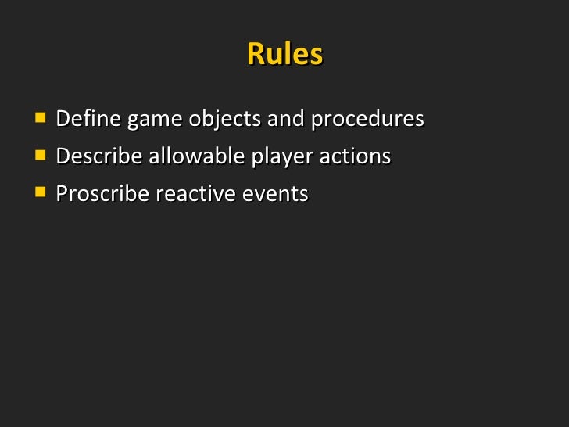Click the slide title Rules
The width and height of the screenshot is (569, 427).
[284, 55]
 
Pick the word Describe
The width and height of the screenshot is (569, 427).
[99, 156]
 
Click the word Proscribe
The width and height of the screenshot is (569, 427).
[102, 193]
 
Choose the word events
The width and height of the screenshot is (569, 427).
[273, 193]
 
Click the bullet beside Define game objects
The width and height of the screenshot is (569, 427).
[39, 119]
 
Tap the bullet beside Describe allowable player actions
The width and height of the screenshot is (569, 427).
[39, 155]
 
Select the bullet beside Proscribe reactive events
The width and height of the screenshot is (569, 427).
[39, 192]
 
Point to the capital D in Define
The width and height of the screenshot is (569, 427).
[63, 120]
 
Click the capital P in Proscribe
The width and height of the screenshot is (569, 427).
[62, 193]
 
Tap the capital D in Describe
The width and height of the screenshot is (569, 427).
[63, 156]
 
